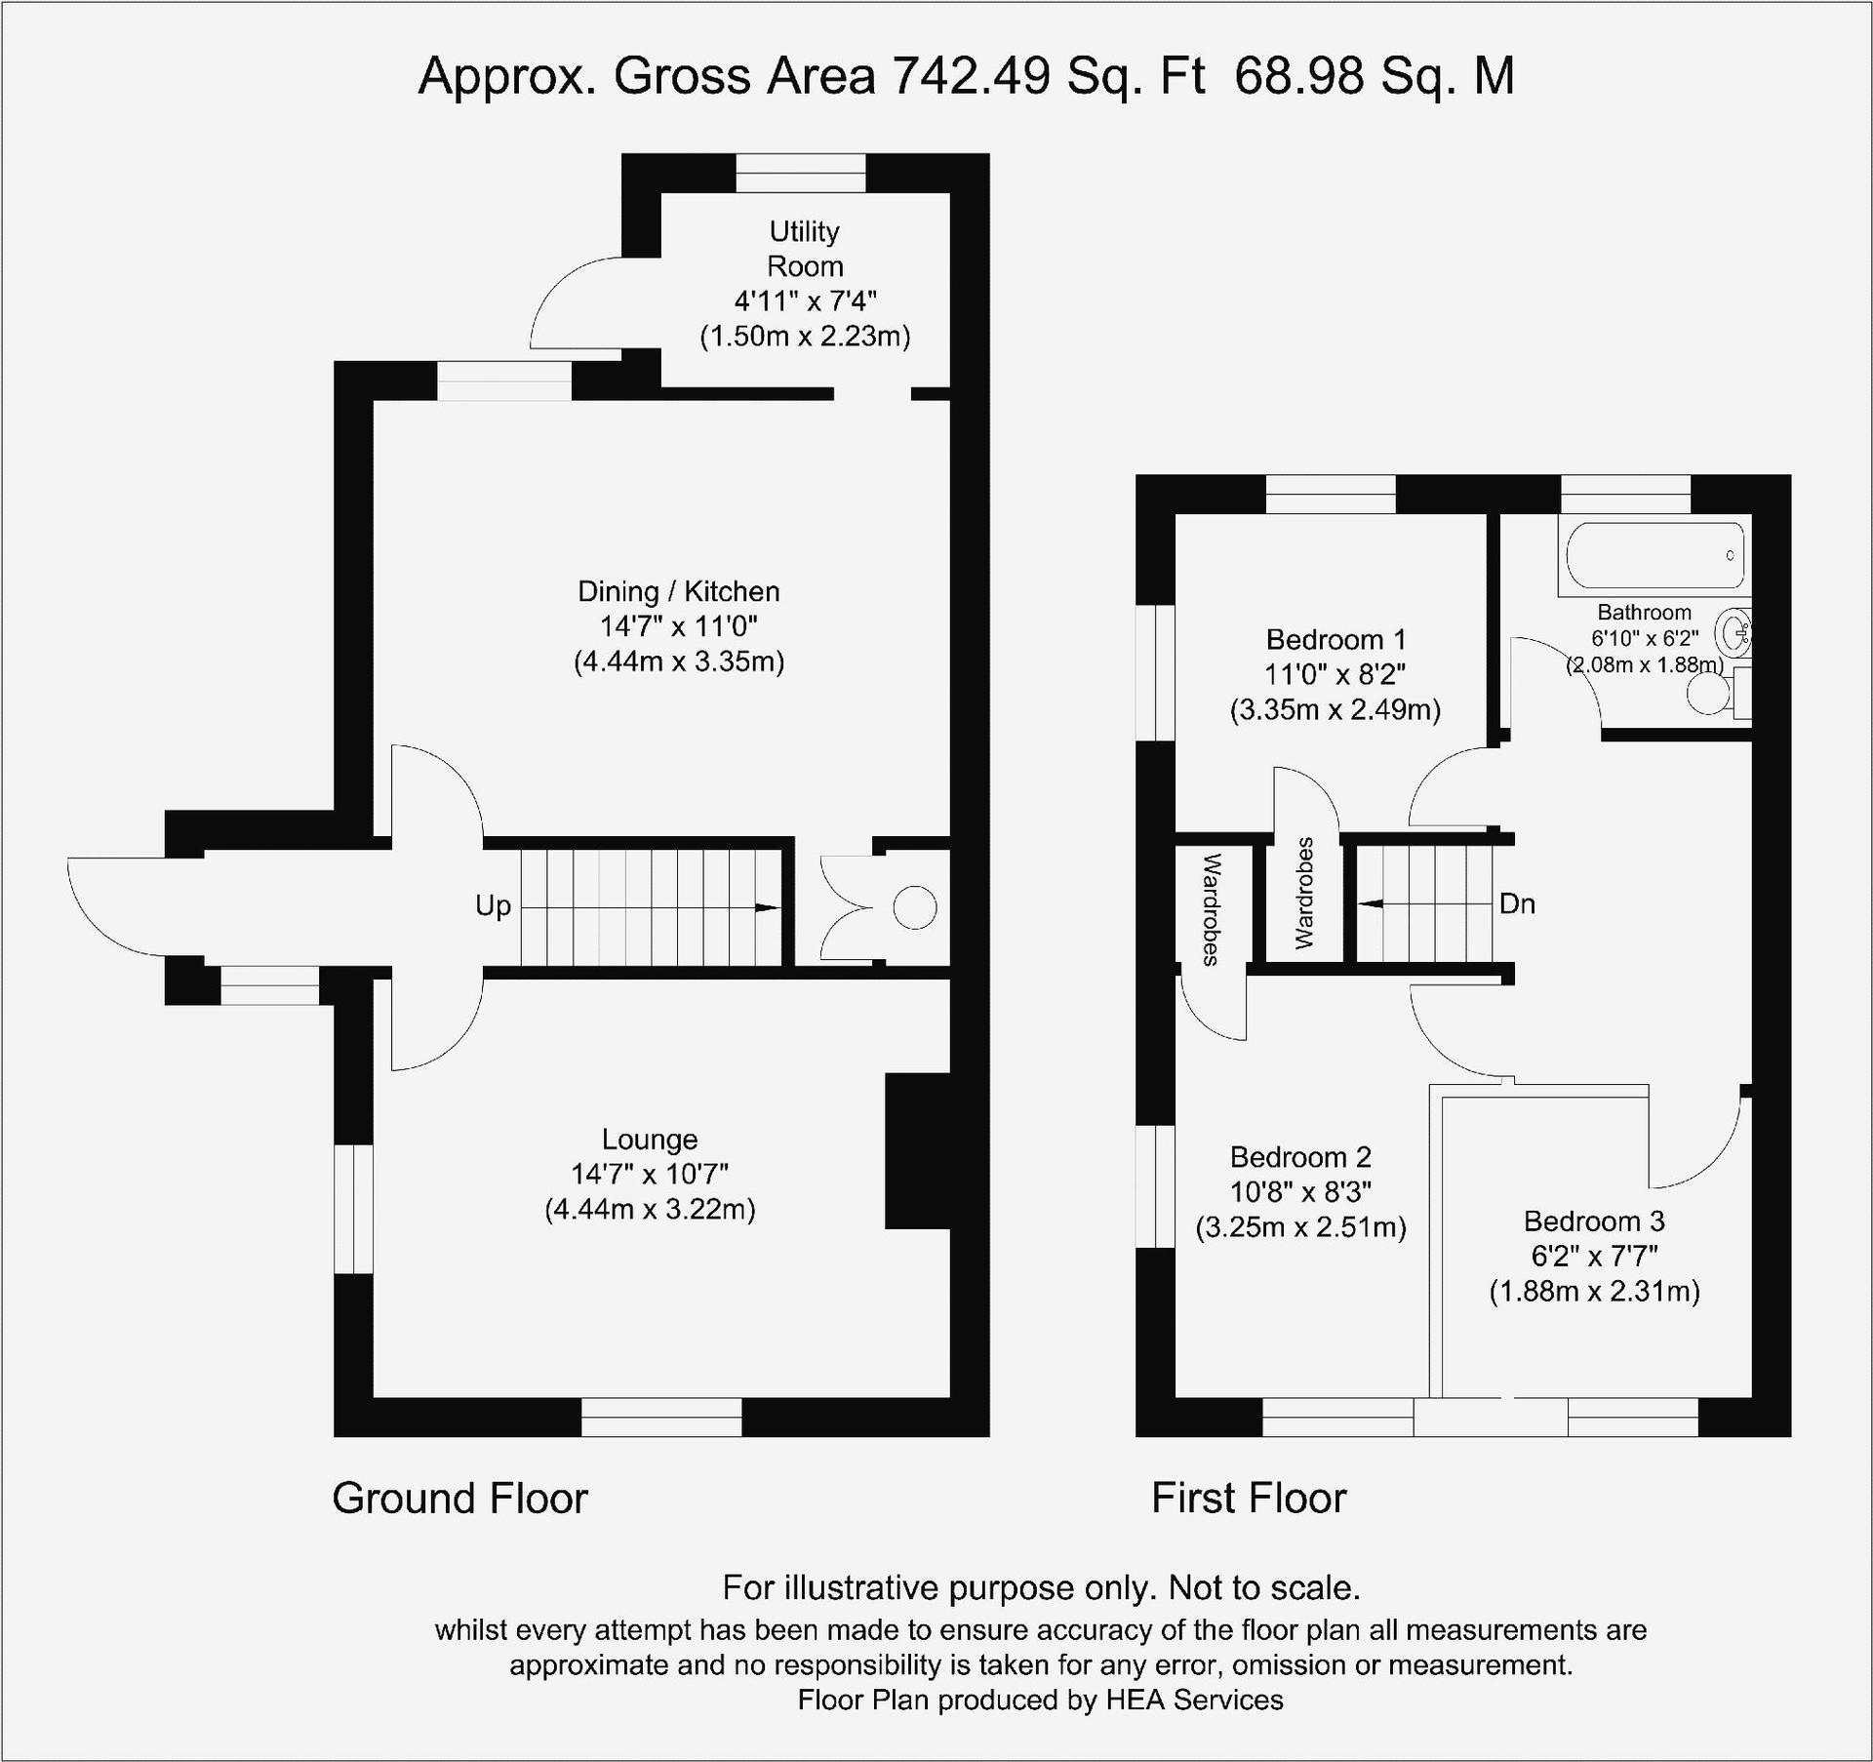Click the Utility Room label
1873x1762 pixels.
[x=805, y=249]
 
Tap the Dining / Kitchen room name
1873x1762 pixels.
[x=679, y=591]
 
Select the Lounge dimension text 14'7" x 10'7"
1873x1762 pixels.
[x=650, y=1174]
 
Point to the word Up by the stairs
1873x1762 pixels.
[x=493, y=906]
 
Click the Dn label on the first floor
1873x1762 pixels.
[x=1517, y=904]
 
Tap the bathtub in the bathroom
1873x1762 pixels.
[x=1655, y=555]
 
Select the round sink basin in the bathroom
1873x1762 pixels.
[x=1734, y=634]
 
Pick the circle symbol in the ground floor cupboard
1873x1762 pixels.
[x=915, y=908]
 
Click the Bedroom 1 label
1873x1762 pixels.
[x=1335, y=640]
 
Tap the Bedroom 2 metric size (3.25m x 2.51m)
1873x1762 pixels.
[x=1301, y=1227]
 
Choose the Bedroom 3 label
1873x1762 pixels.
[x=1594, y=1221]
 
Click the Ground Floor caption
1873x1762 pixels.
[x=459, y=1499]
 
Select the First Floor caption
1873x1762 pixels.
[x=1249, y=1499]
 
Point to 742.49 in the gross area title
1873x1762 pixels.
[x=972, y=75]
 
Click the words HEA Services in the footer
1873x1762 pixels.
[x=1194, y=1701]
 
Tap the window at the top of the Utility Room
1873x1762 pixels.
[x=801, y=173]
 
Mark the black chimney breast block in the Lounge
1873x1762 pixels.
[x=918, y=1151]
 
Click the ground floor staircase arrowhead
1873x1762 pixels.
[x=768, y=908]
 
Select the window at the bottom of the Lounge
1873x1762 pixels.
[x=661, y=1417]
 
